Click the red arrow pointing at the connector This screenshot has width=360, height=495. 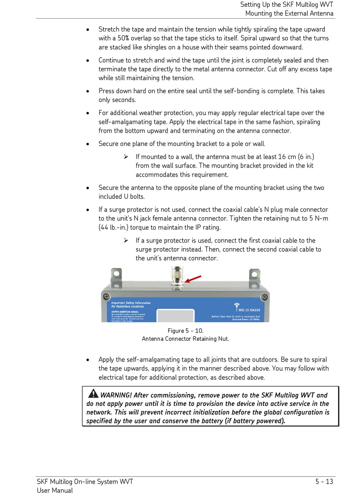(x=193, y=279)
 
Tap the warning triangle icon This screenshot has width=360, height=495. (x=93, y=394)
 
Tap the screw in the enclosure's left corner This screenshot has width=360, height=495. (x=107, y=296)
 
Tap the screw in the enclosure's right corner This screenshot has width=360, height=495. (x=264, y=297)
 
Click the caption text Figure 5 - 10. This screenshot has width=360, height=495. (x=185, y=331)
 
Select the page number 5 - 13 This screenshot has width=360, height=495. (x=324, y=482)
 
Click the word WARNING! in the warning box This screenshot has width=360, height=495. (x=116, y=395)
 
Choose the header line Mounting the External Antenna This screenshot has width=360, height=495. (x=289, y=14)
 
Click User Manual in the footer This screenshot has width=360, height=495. (x=55, y=490)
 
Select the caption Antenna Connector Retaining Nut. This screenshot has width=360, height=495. (x=185, y=339)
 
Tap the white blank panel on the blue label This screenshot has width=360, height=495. (x=175, y=316)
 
